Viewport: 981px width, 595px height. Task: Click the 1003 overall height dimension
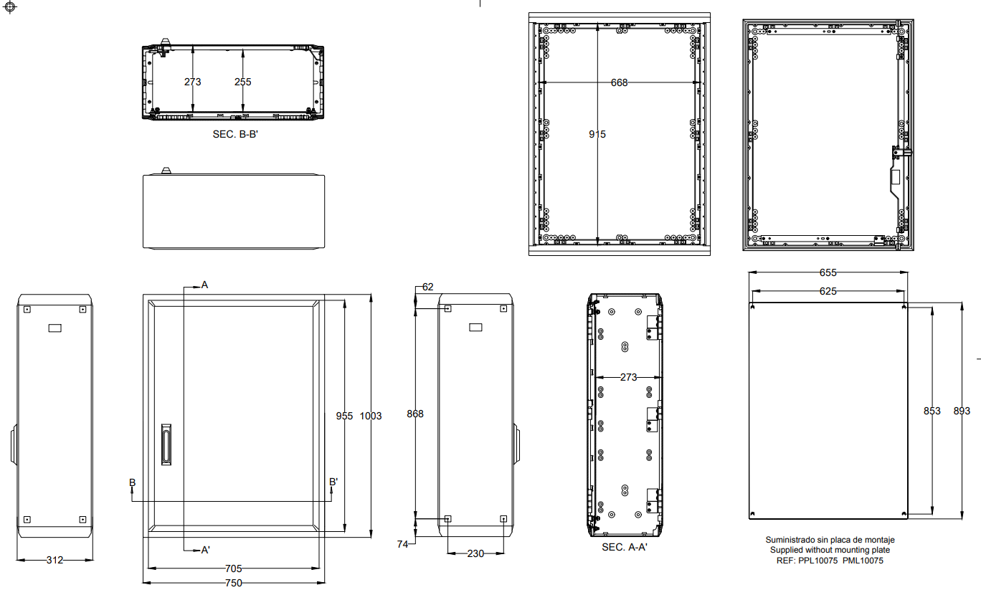click(x=371, y=416)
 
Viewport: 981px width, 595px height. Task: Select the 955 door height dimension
click(x=344, y=416)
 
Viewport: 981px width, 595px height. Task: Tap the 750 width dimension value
click(x=234, y=583)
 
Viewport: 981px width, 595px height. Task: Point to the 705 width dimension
click(x=234, y=568)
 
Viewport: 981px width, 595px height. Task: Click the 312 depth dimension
click(x=54, y=560)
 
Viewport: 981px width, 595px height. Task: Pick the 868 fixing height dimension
click(x=415, y=414)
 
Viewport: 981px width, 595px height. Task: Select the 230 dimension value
click(x=475, y=553)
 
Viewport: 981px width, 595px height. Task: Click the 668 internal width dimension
click(x=620, y=82)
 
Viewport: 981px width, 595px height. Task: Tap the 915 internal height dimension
click(x=597, y=134)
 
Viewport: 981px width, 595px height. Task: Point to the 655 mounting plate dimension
click(x=828, y=272)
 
